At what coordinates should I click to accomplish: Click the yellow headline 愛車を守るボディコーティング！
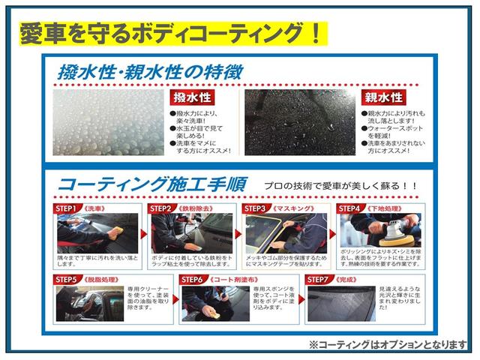(171, 33)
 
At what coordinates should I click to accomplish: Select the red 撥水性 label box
(190, 99)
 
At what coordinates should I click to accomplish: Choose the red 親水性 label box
(382, 99)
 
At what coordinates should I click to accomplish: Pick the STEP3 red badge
(256, 208)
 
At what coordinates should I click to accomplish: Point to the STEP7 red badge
(319, 278)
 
